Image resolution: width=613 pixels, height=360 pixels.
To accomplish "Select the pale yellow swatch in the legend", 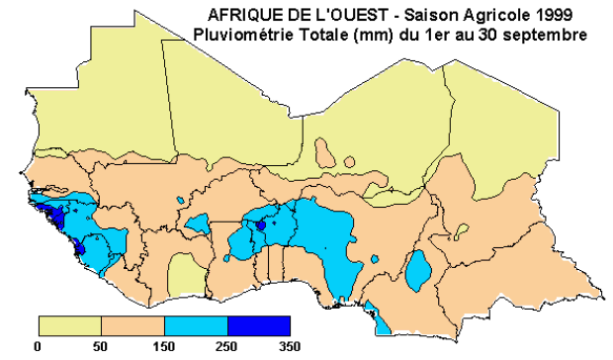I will tap(69, 325).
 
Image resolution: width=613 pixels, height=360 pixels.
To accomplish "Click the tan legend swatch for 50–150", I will tap(132, 325).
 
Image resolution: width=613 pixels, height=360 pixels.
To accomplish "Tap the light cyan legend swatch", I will tap(196, 325).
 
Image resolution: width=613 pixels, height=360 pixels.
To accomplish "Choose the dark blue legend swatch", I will tap(259, 325).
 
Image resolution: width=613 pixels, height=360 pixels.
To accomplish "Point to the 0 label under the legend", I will tap(38, 346).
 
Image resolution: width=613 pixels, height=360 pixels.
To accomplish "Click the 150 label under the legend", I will tap(163, 346).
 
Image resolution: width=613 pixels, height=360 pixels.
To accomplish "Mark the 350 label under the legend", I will tap(290, 346).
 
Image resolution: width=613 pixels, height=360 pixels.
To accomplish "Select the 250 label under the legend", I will tap(226, 346).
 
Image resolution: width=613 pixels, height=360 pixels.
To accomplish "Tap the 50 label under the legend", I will tap(101, 346).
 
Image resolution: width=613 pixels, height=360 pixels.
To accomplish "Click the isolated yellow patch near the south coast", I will tap(183, 271).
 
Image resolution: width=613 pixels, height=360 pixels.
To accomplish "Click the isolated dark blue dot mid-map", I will tap(260, 225).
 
